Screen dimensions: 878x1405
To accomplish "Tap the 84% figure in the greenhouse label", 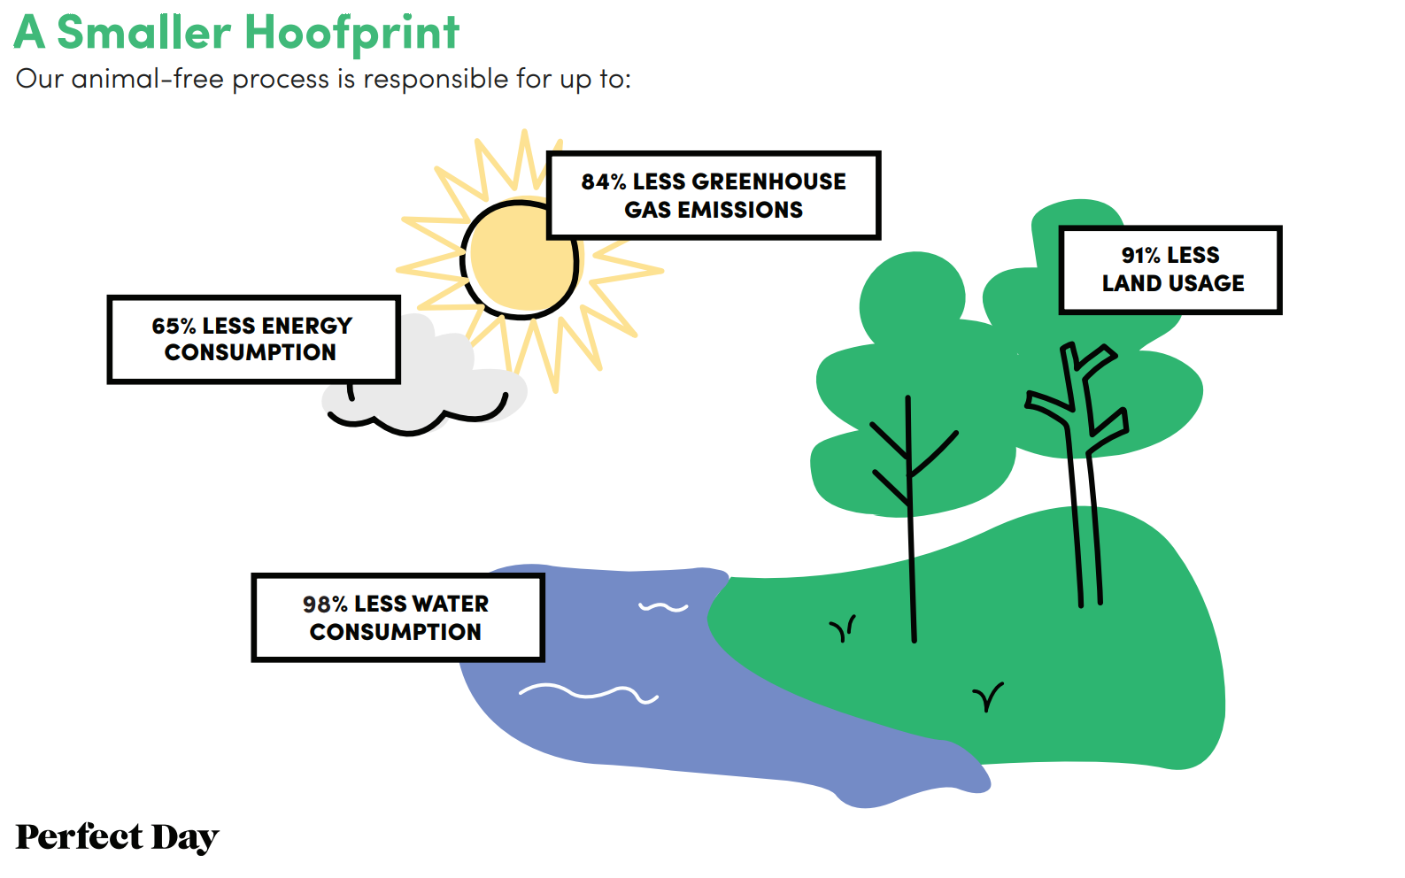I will (603, 182).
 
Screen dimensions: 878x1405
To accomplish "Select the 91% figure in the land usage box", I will (1140, 256).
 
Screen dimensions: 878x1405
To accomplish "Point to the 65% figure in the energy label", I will (173, 327).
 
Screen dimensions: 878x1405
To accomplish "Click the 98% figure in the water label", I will (325, 605).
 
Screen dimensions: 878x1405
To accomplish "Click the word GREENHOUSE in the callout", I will (768, 182).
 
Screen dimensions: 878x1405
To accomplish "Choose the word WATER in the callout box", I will (451, 605).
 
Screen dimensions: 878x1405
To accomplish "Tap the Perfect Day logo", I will (117, 837).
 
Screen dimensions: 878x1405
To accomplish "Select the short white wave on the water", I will (663, 607).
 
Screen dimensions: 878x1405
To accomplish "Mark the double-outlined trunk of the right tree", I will (1089, 522).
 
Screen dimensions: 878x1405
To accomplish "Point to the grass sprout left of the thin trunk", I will (842, 629).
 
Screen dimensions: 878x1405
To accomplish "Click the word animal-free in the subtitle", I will (148, 80).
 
